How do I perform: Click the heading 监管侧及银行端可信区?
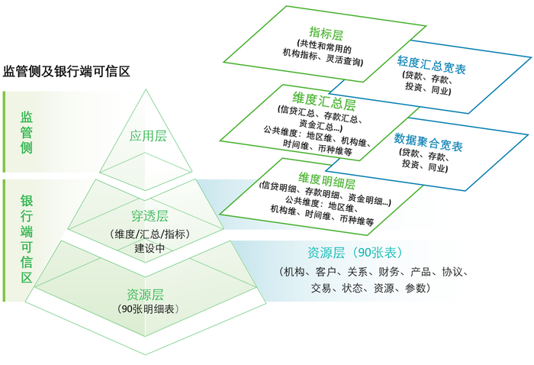click(x=67, y=72)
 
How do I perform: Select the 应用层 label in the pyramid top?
click(x=148, y=136)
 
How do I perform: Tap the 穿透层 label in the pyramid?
click(x=150, y=216)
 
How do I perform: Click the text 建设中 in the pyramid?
click(x=150, y=247)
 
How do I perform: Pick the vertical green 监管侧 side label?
click(x=27, y=132)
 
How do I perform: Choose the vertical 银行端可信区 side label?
click(x=27, y=239)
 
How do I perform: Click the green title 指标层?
click(x=326, y=34)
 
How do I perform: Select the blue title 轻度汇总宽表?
click(x=432, y=65)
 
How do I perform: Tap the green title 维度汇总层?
click(x=324, y=102)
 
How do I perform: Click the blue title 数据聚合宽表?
click(x=429, y=142)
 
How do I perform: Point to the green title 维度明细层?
click(x=327, y=181)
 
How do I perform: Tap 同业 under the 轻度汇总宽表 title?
click(x=441, y=90)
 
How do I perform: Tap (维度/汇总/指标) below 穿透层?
click(x=150, y=234)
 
